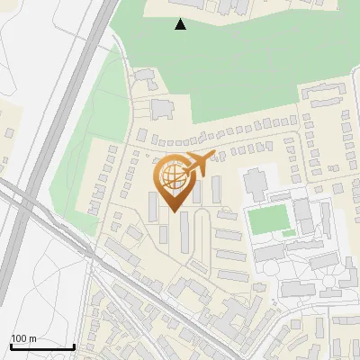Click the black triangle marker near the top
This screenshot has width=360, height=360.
click(181, 24)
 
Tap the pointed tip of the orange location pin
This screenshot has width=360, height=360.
click(174, 212)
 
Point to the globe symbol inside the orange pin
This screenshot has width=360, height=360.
click(174, 177)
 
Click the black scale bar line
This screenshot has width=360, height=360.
click(41, 346)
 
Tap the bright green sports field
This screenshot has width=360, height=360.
click(266, 219)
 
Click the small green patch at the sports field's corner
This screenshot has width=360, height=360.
click(288, 233)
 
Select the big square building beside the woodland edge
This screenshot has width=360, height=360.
click(163, 109)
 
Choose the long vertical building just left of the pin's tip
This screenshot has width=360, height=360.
click(153, 207)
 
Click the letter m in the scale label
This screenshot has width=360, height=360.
click(31, 338)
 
